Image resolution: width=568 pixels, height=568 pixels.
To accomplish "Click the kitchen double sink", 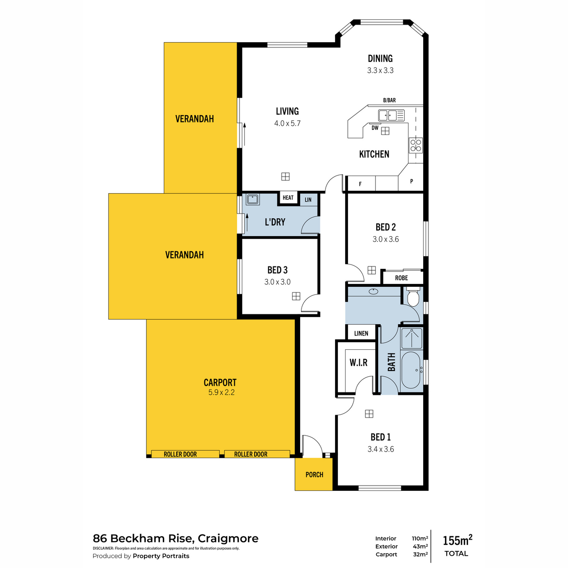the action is (391, 115).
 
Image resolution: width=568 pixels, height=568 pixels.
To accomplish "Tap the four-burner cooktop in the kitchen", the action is (415, 145).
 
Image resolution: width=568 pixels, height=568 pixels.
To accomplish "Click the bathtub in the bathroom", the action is (411, 371).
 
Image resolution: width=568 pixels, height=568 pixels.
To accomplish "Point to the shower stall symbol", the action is (411, 338).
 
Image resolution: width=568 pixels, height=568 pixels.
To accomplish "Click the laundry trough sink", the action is (252, 200).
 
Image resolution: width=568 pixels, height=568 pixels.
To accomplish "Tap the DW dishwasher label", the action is (374, 128).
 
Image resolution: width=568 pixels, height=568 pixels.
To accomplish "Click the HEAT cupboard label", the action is (288, 197).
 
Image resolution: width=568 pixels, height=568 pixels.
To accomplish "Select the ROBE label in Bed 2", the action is (401, 278).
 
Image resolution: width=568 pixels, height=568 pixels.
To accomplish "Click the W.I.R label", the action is (358, 363).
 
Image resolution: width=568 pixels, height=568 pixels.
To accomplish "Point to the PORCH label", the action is (314, 475).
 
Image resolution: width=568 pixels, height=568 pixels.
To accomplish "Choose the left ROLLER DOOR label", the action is (180, 454).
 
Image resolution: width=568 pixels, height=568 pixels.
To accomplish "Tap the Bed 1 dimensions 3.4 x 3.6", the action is (381, 449).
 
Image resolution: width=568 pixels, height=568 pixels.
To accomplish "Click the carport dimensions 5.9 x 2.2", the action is (222, 392).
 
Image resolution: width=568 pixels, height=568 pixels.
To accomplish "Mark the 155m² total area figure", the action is (457, 540).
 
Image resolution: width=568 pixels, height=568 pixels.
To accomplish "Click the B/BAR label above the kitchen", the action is (390, 100).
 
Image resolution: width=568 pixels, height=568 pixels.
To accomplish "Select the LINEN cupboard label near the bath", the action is (361, 333).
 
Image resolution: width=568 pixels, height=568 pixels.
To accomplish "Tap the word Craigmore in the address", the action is (228, 539).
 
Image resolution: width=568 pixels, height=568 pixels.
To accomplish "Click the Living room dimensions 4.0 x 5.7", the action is (287, 123).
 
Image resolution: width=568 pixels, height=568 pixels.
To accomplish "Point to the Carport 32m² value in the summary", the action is (420, 554).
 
